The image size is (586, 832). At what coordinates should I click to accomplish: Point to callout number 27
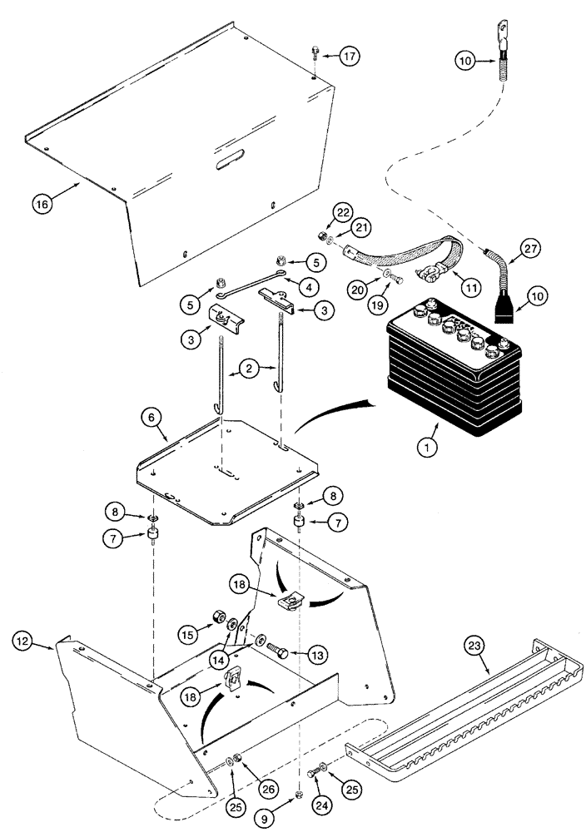point(530,246)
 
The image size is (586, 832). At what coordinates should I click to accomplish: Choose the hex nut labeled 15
point(214,619)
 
